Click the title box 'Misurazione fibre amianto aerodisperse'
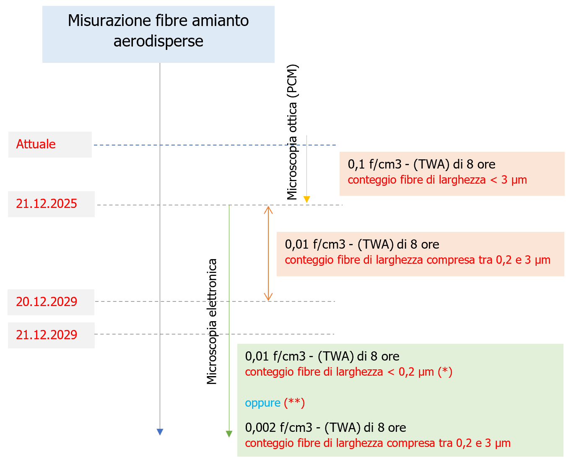(x=158, y=34)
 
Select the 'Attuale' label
(x=36, y=144)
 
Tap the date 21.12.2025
(x=47, y=204)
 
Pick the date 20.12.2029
(x=47, y=302)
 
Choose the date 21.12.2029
(x=47, y=335)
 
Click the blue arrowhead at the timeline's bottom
(x=160, y=432)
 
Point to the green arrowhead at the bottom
(x=229, y=434)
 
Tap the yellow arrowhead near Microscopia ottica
(x=307, y=199)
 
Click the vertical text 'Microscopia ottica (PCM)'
(x=292, y=132)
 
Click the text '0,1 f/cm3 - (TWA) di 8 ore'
(x=421, y=164)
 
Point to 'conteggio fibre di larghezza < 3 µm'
(x=437, y=180)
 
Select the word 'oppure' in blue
(x=262, y=403)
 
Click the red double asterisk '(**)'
(x=294, y=403)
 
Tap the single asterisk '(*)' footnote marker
(x=445, y=372)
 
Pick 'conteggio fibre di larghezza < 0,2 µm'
(x=339, y=372)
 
